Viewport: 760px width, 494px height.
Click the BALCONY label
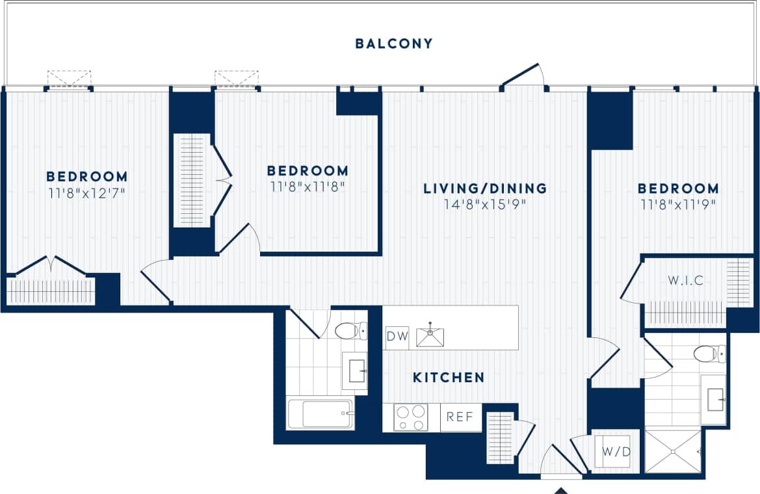(393, 44)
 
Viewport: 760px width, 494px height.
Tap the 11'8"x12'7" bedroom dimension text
(86, 192)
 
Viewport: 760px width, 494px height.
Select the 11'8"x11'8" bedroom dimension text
(307, 187)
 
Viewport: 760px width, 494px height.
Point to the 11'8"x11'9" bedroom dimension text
(677, 204)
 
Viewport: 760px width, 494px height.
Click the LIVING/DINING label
(484, 188)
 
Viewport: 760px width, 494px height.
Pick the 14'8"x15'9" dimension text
(484, 204)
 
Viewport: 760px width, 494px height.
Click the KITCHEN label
(449, 377)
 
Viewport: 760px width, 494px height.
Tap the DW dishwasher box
(396, 337)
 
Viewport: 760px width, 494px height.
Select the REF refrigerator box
(460, 417)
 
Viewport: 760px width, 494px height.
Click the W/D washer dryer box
(616, 450)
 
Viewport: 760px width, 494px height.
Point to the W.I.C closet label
(686, 281)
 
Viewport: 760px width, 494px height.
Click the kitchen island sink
(430, 335)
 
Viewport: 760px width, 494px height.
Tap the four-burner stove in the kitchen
(411, 417)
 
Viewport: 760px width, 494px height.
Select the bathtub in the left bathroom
(321, 414)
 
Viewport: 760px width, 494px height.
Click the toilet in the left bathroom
(351, 331)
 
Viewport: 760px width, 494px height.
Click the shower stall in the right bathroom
(672, 450)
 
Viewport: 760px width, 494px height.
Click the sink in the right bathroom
(713, 396)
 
